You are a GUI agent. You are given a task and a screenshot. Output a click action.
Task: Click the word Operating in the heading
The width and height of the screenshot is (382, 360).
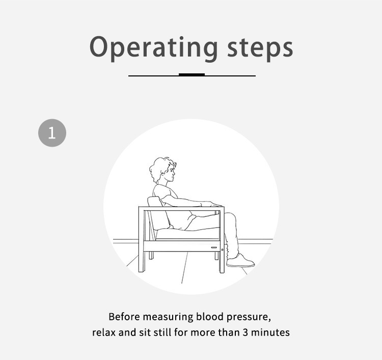154,48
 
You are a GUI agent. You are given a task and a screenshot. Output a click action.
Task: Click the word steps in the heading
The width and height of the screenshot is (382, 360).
260,49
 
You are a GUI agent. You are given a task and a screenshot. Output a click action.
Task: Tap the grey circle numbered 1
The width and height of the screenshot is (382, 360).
52,133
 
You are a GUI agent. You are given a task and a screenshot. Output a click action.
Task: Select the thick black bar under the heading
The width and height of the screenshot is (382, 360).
192,74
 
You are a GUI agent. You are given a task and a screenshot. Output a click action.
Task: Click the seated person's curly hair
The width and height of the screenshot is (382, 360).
159,168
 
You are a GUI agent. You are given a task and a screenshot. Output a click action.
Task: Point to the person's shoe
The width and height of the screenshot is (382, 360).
240,261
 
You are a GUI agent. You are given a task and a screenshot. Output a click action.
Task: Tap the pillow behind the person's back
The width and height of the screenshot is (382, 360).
158,213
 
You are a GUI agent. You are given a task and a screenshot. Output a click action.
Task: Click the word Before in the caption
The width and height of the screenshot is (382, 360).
124,317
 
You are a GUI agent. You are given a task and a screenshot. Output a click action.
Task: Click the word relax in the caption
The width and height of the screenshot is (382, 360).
104,333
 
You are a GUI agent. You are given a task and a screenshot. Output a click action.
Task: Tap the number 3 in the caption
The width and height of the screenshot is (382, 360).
245,333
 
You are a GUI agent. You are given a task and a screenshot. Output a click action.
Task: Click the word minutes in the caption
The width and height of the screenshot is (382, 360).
270,333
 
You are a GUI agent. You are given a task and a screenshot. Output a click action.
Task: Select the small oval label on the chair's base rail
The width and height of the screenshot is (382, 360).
214,247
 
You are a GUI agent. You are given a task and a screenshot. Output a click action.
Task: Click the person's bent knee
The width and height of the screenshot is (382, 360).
231,217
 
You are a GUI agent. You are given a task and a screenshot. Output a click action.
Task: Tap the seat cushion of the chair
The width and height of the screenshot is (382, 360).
187,233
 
